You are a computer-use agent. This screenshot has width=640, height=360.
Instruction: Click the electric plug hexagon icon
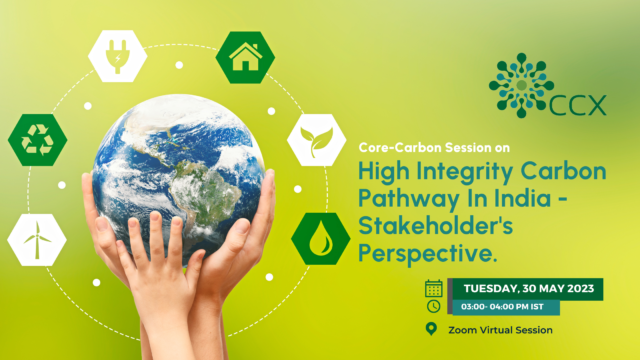tap(118, 54)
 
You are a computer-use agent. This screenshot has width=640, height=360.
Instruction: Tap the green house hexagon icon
tap(245, 56)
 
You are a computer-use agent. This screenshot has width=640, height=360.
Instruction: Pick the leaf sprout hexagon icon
tap(317, 141)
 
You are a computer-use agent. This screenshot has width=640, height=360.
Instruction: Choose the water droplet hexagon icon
tap(320, 238)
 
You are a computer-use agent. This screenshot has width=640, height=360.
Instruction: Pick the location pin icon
tap(432, 329)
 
